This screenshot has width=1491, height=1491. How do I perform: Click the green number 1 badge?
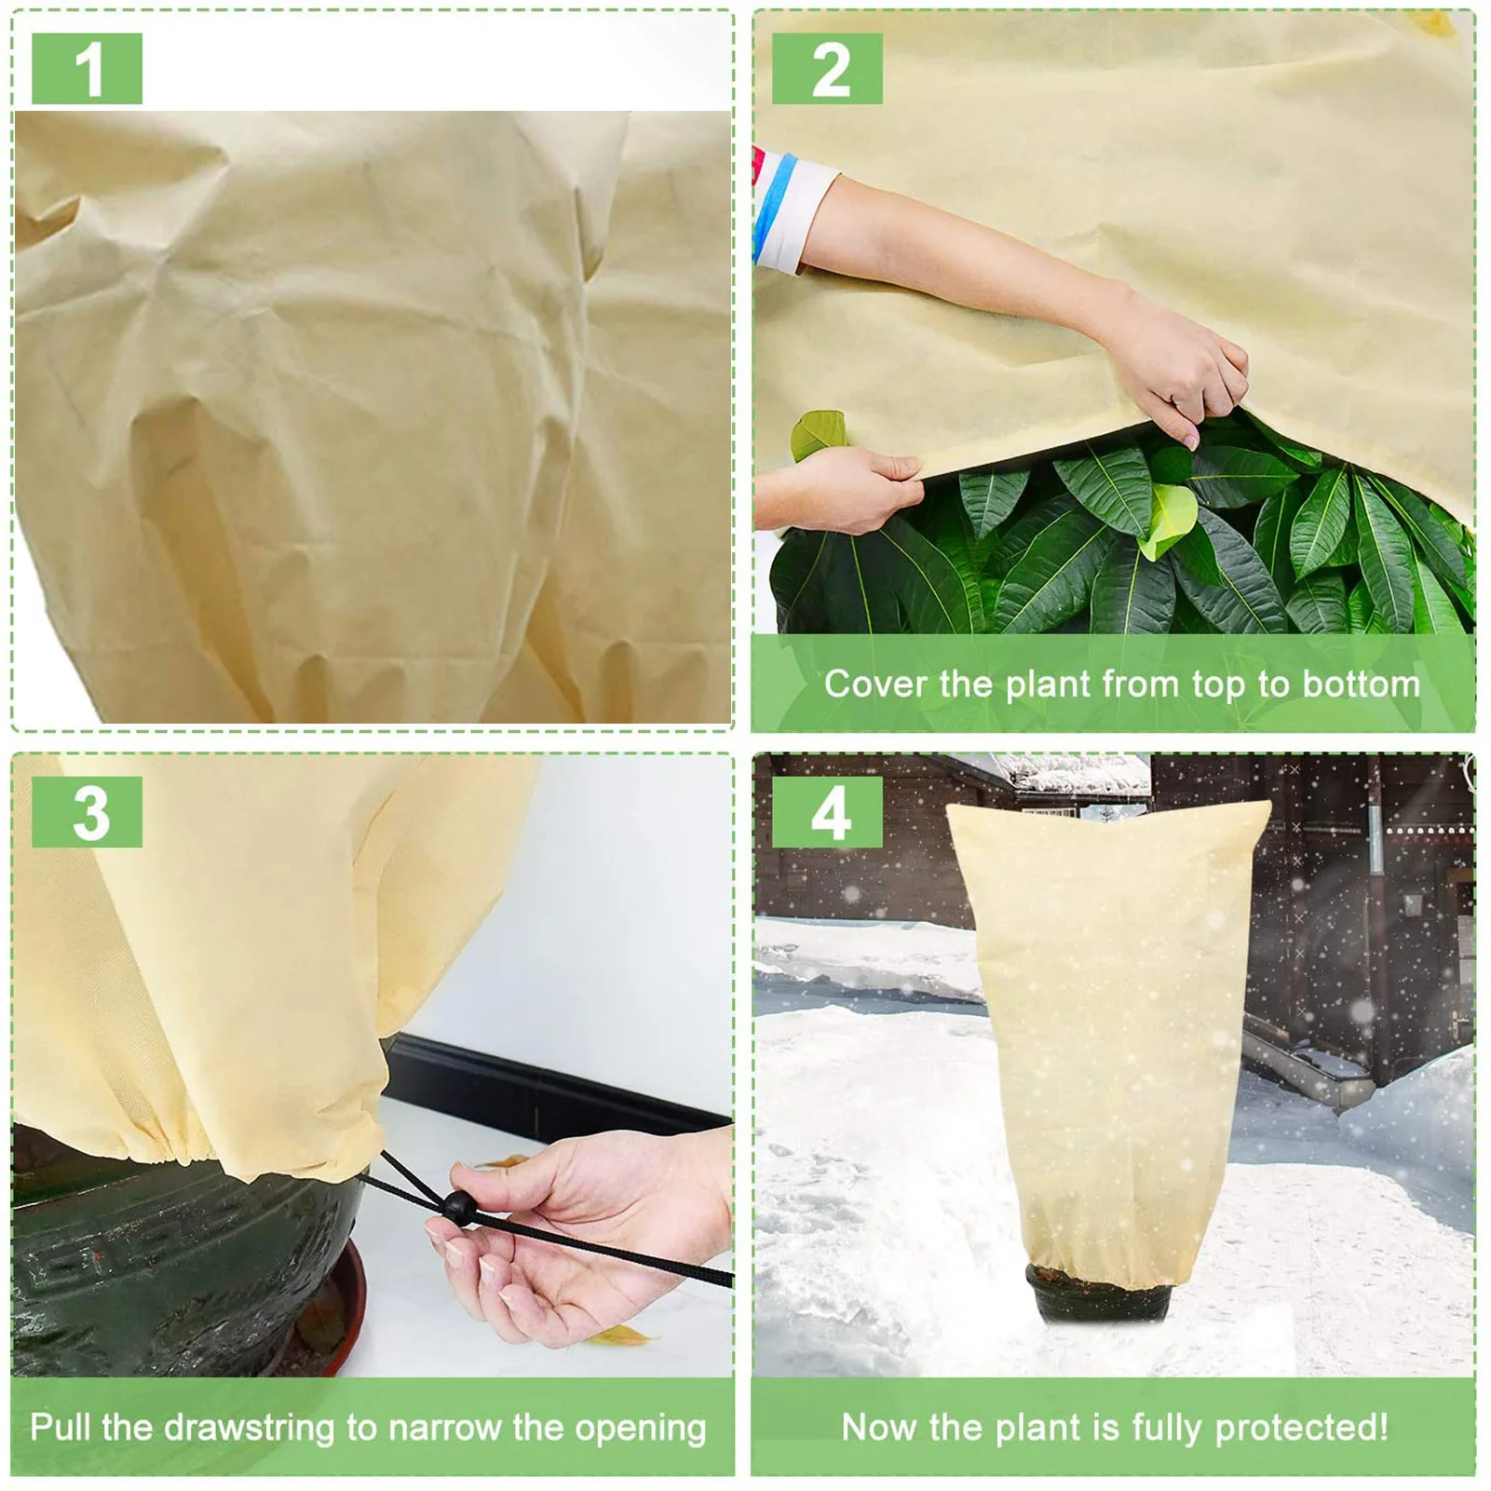(x=87, y=69)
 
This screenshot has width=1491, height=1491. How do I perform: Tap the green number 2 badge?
(x=827, y=69)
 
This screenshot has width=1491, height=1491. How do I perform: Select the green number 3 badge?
(x=87, y=812)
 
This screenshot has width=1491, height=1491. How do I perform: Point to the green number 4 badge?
(x=827, y=812)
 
